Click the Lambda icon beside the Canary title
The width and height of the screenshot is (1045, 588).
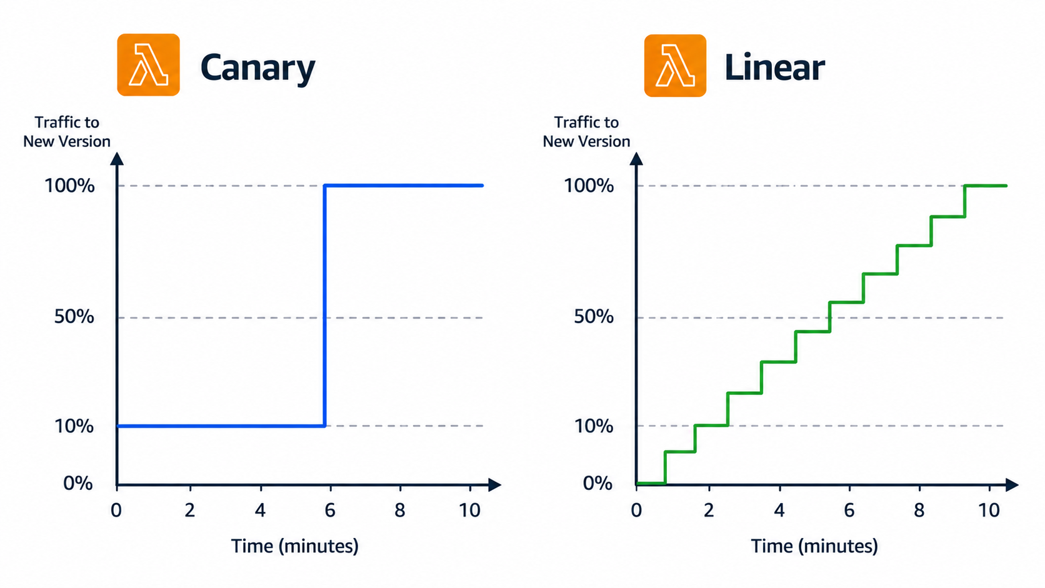148,65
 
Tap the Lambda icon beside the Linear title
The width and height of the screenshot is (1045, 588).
675,65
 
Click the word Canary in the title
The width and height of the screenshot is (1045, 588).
258,68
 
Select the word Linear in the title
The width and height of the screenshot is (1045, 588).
774,67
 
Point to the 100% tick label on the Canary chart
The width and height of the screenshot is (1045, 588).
69,186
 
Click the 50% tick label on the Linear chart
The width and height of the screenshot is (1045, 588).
593,317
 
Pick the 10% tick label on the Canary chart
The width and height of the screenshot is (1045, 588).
74,426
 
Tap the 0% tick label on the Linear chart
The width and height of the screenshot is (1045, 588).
597,483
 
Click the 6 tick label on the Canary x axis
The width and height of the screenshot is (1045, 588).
330,510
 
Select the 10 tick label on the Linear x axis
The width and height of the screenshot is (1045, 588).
989,510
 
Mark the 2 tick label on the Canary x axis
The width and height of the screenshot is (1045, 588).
189,510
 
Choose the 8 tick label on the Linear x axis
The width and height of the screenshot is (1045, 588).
919,510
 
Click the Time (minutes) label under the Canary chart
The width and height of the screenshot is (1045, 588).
295,546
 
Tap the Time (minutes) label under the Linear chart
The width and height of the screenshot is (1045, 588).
814,546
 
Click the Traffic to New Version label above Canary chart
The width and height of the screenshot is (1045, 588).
67,131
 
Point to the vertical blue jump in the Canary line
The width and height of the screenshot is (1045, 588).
325,306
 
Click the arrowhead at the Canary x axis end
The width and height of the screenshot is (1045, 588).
494,485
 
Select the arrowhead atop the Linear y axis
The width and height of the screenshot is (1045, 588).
636,159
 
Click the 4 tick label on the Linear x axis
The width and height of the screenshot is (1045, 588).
779,510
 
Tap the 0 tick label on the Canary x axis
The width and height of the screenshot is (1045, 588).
116,510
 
